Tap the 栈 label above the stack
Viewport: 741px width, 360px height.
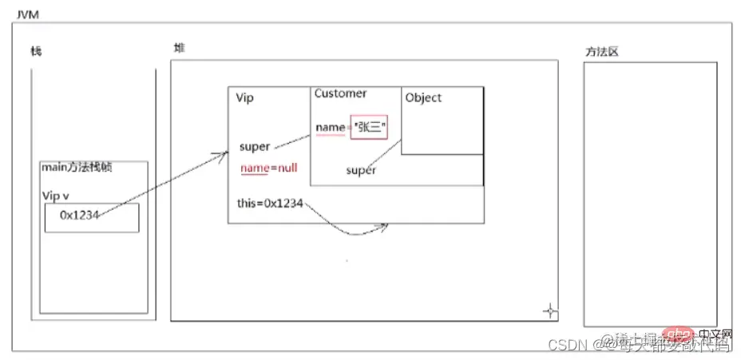tap(36, 52)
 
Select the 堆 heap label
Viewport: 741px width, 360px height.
tap(179, 48)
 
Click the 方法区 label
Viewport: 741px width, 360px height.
tap(602, 52)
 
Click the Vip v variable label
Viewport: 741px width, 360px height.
tap(56, 195)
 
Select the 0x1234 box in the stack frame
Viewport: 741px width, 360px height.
tap(91, 217)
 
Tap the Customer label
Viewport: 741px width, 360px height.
tap(340, 93)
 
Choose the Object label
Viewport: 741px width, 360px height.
tap(423, 97)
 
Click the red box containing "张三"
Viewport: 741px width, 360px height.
tap(368, 128)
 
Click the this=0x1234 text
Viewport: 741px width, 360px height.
tap(270, 203)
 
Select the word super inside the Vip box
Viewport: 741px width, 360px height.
tap(255, 147)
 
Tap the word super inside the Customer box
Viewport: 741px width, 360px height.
tap(361, 170)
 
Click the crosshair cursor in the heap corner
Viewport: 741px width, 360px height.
tap(549, 310)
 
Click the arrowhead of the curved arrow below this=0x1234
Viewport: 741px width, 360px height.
tap(385, 226)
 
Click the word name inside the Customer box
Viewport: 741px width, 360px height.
tap(329, 128)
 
